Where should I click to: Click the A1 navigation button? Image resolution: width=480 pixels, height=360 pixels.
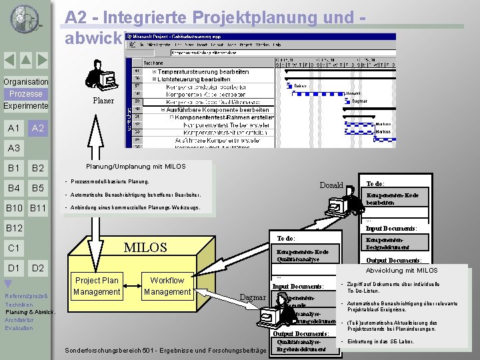pyautogui.click(x=13, y=128)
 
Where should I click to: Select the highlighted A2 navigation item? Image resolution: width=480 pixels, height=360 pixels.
pyautogui.click(x=38, y=128)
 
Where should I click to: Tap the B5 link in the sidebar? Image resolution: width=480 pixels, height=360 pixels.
pyautogui.click(x=38, y=188)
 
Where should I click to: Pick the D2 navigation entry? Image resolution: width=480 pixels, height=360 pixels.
pyautogui.click(x=38, y=268)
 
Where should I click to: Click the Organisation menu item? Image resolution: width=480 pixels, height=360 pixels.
pyautogui.click(x=25, y=82)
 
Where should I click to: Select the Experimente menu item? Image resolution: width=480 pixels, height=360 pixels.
pyautogui.click(x=25, y=106)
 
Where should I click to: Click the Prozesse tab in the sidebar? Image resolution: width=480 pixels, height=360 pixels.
pyautogui.click(x=25, y=94)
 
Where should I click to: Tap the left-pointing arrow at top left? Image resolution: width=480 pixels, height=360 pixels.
pyautogui.click(x=9, y=60)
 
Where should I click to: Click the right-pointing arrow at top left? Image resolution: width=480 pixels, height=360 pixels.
pyautogui.click(x=41, y=60)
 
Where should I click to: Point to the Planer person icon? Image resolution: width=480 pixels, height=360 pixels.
pyautogui.click(x=100, y=75)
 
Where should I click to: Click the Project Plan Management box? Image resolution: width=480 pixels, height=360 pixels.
pyautogui.click(x=97, y=286)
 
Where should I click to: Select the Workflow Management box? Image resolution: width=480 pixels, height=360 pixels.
pyautogui.click(x=167, y=286)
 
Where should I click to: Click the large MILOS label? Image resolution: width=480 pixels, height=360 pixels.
pyautogui.click(x=146, y=247)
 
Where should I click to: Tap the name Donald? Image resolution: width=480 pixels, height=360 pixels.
pyautogui.click(x=331, y=185)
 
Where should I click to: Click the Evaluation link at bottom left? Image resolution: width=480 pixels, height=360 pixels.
pyautogui.click(x=19, y=328)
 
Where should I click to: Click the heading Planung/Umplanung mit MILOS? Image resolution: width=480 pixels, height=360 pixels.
pyautogui.click(x=135, y=167)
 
